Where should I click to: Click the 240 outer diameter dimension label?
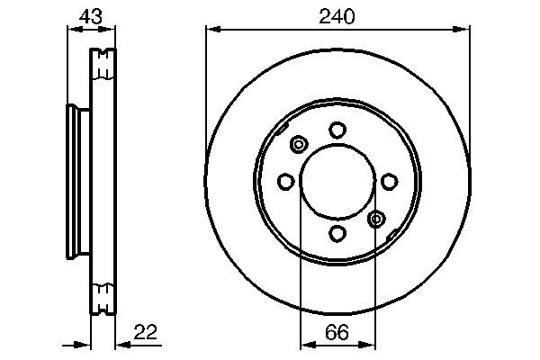(x=337, y=15)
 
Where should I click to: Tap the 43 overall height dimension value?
(x=90, y=15)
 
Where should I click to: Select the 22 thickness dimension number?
(x=146, y=332)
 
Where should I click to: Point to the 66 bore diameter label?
(x=337, y=332)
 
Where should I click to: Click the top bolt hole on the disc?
(x=337, y=130)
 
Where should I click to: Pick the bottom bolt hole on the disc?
(x=337, y=234)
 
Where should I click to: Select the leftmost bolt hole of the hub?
(x=285, y=182)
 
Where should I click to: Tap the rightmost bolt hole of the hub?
(x=389, y=182)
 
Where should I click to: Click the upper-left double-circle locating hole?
(x=300, y=144)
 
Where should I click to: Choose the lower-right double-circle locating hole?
(x=376, y=218)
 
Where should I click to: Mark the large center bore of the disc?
(x=337, y=182)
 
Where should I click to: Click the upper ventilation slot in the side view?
(x=104, y=63)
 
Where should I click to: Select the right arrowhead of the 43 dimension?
(x=112, y=30)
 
